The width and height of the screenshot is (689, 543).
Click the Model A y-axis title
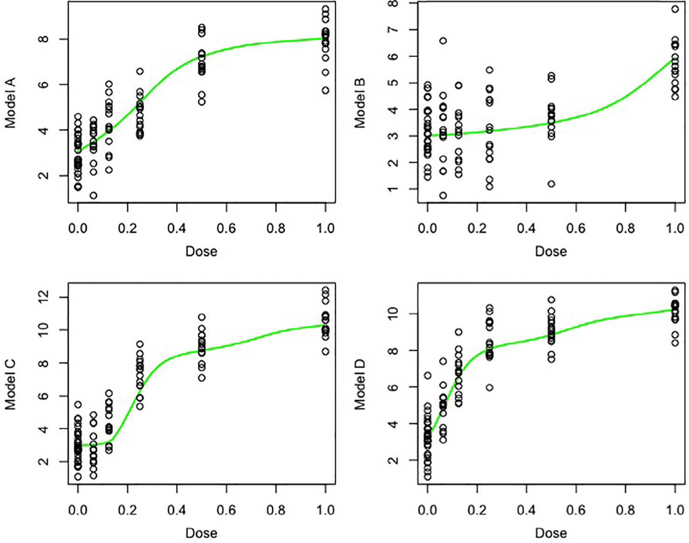pyautogui.click(x=10, y=103)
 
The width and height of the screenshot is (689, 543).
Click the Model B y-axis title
pyautogui.click(x=360, y=103)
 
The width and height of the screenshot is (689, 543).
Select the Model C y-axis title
pyautogui.click(x=10, y=385)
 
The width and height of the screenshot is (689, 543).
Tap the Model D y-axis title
pyautogui.click(x=360, y=385)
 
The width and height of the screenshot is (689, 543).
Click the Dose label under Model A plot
pyautogui.click(x=201, y=251)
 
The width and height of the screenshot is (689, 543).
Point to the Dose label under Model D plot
pyautogui.click(x=551, y=533)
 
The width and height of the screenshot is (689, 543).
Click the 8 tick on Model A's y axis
pyautogui.click(x=43, y=39)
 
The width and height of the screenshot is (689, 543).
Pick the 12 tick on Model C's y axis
pyautogui.click(x=43, y=297)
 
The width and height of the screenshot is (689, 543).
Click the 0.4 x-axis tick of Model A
pyautogui.click(x=177, y=229)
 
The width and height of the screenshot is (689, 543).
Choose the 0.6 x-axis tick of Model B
pyautogui.click(x=576, y=229)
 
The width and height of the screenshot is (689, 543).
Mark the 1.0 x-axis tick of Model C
pyautogui.click(x=325, y=510)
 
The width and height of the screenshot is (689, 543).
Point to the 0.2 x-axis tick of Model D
pyautogui.click(x=477, y=510)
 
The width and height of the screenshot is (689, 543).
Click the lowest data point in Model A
pyautogui.click(x=93, y=195)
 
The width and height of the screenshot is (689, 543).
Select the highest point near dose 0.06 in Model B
pyautogui.click(x=443, y=41)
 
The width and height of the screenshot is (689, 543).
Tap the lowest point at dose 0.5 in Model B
pyautogui.click(x=551, y=184)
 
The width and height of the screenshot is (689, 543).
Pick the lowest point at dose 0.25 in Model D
pyautogui.click(x=489, y=388)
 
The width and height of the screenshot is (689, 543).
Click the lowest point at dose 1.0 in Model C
pyautogui.click(x=325, y=351)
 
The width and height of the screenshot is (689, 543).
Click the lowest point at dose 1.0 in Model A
pyautogui.click(x=325, y=90)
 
